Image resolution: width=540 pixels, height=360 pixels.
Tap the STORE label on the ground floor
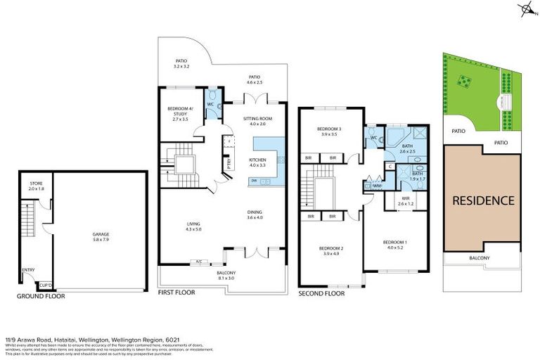[x=37, y=186]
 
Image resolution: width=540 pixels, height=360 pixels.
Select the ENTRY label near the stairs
[x=28, y=269]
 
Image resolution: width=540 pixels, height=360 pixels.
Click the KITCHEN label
[x=258, y=161]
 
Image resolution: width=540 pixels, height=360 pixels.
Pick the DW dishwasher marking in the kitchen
[x=253, y=181]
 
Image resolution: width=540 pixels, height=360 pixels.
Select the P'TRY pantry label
[x=229, y=163]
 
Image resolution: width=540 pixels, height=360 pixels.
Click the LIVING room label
[x=193, y=226]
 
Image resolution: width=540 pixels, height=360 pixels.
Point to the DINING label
[x=255, y=214]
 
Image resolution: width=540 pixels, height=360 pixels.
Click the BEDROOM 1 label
[x=394, y=244]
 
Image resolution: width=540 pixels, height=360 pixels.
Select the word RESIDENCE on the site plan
[x=482, y=200]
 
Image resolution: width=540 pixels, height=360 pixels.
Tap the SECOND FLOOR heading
[x=321, y=294]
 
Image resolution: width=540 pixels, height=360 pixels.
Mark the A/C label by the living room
[x=199, y=262]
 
